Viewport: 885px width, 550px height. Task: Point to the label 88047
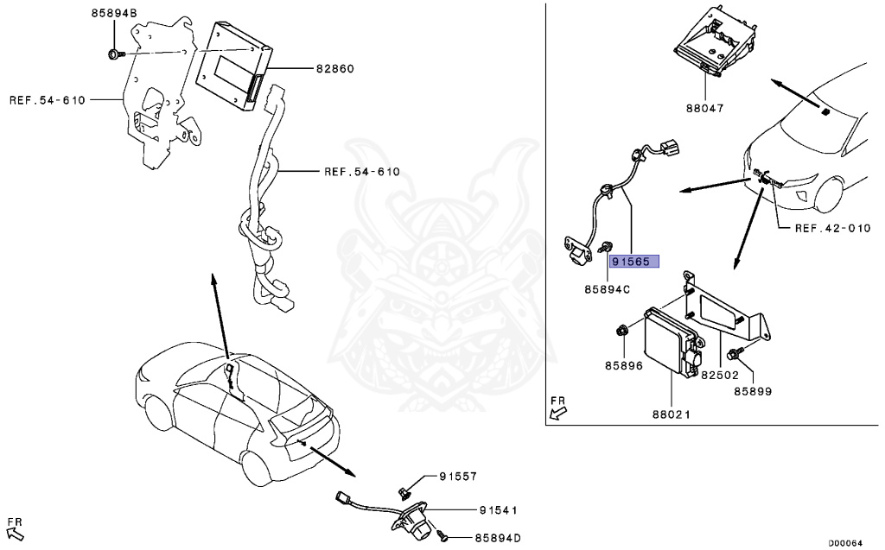point(705,109)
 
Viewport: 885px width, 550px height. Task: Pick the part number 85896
point(623,365)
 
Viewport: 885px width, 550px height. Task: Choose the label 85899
point(753,391)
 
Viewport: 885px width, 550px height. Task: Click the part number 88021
point(671,414)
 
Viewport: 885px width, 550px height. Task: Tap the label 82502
point(719,376)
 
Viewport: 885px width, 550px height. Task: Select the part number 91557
point(457,476)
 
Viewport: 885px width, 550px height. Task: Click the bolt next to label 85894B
point(115,55)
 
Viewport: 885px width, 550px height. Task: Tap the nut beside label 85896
point(622,330)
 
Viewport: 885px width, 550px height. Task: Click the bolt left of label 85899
point(735,353)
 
